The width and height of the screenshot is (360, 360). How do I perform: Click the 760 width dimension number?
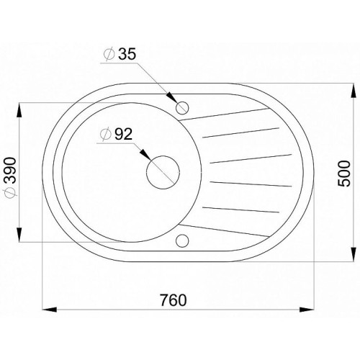click(174, 300)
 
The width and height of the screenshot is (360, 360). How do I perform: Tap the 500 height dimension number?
click(344, 174)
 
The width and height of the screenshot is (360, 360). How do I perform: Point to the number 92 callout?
click(123, 134)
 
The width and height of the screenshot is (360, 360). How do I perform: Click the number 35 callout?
click(127, 54)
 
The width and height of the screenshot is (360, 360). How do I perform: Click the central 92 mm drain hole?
click(163, 172)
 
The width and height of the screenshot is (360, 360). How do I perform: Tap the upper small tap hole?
click(182, 107)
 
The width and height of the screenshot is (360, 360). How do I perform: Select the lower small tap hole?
click(182, 240)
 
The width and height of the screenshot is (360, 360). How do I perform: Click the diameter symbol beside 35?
click(109, 54)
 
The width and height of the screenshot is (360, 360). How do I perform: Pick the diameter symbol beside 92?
click(106, 134)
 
